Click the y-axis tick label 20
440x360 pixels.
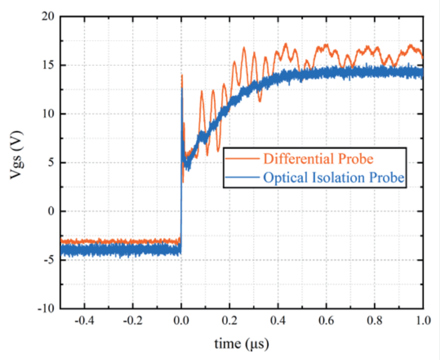[x=48, y=17]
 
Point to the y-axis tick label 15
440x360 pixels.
[x=48, y=65]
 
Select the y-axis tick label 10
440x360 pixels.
[x=48, y=114]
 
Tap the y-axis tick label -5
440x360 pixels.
[x=50, y=260]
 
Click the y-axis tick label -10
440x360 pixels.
[x=47, y=308]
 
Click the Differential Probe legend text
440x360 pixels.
[x=318, y=158]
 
